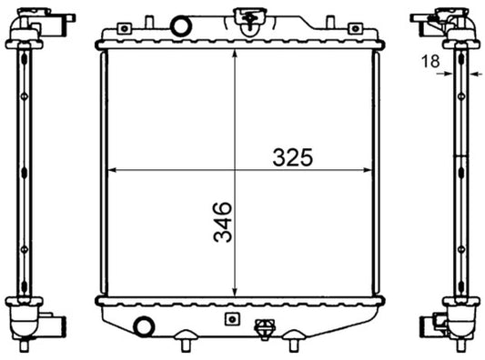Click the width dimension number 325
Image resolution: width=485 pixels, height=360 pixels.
point(292,156)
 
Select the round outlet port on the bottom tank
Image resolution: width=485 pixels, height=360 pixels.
point(143,325)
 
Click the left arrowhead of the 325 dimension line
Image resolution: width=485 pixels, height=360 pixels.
point(111,171)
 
